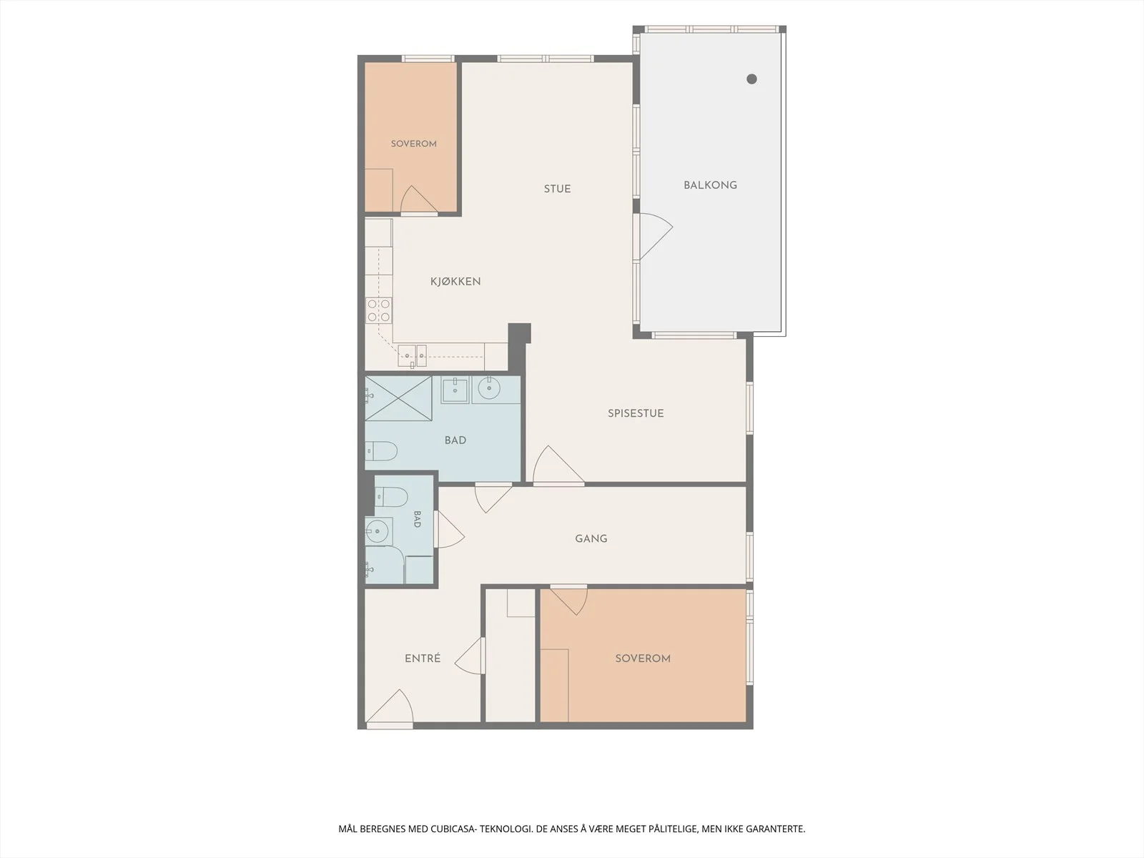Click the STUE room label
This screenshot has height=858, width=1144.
click(x=557, y=189)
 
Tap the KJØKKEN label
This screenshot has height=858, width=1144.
click(x=455, y=281)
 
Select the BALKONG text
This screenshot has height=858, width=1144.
click(x=711, y=185)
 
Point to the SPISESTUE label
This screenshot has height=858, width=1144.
click(x=636, y=413)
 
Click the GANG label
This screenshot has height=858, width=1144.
click(x=591, y=538)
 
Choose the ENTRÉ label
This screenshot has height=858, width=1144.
click(x=423, y=658)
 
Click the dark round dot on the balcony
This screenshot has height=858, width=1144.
click(x=751, y=79)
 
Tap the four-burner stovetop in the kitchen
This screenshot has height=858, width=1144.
click(x=379, y=310)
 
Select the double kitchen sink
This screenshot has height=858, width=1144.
click(x=413, y=356)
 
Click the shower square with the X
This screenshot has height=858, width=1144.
click(x=399, y=398)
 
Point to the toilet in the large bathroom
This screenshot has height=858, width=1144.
click(x=381, y=451)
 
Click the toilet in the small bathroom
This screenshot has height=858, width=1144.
click(x=391, y=497)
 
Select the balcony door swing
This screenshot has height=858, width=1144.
click(x=656, y=236)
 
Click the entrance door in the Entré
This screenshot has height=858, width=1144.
click(x=390, y=707)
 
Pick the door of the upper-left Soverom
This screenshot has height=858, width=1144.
click(x=419, y=199)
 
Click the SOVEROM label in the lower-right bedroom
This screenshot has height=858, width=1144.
click(x=643, y=658)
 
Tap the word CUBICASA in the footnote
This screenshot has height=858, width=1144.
click(x=453, y=828)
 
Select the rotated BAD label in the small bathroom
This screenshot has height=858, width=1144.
click(x=417, y=519)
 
